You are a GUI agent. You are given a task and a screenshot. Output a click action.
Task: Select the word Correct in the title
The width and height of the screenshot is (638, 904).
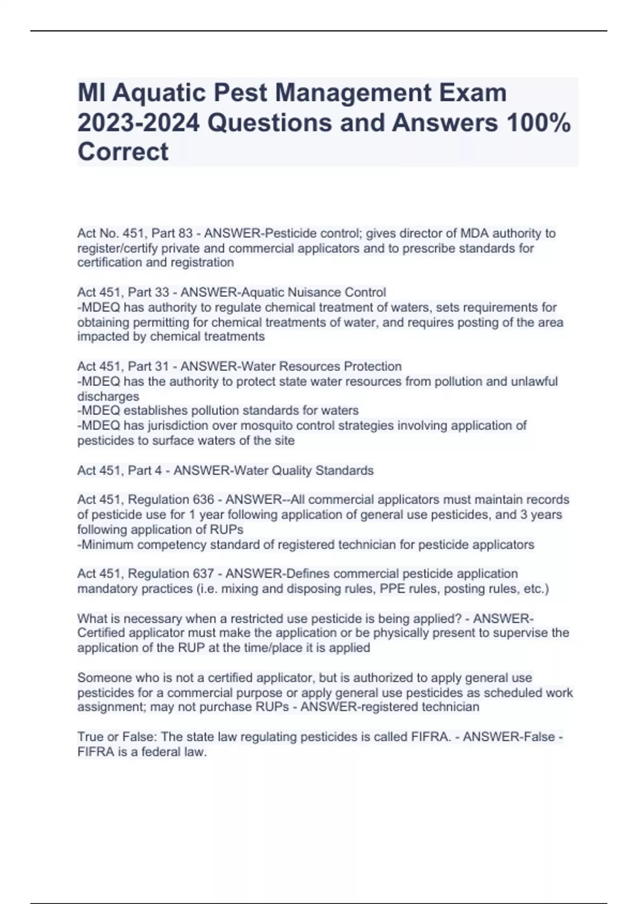[123, 152]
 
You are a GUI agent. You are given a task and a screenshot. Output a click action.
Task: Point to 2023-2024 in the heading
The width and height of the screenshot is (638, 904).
[139, 123]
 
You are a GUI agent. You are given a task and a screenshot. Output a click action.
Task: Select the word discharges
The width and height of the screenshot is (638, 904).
[108, 396]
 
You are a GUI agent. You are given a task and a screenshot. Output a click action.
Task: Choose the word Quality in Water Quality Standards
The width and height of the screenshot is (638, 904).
[291, 471]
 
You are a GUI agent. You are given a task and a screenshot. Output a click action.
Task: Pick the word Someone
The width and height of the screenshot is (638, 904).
[104, 678]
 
